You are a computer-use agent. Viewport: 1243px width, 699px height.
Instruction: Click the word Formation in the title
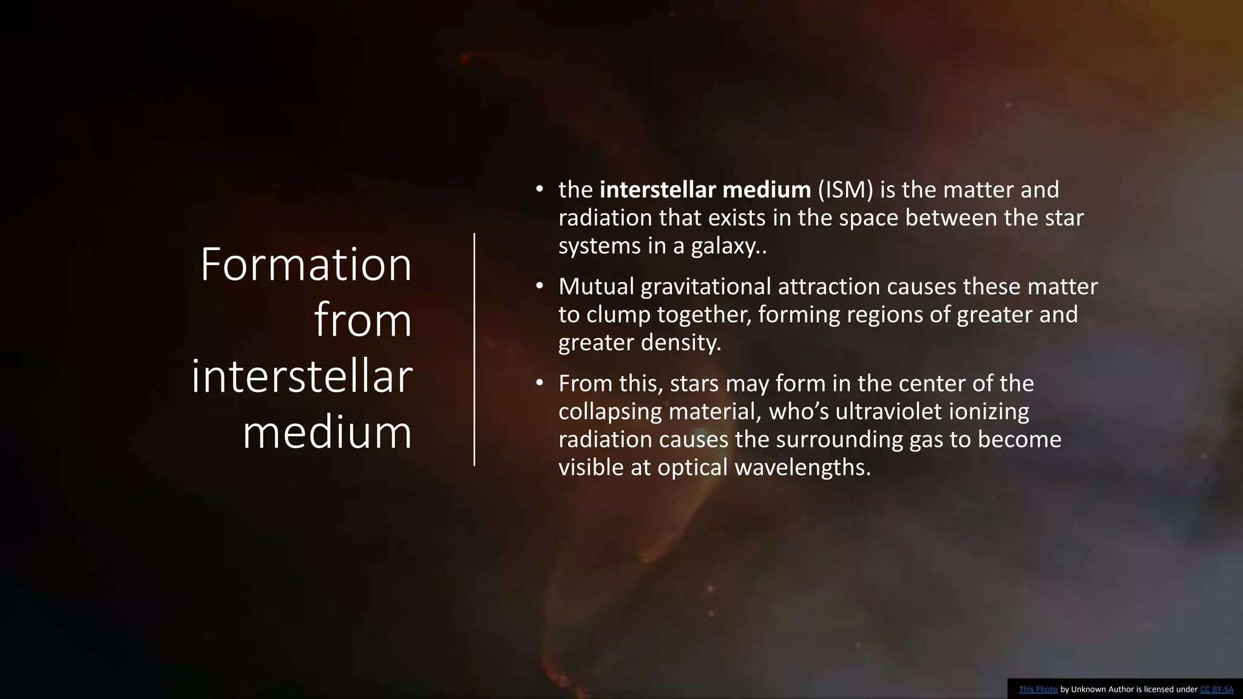click(306, 265)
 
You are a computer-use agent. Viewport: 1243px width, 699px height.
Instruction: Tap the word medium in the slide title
click(327, 433)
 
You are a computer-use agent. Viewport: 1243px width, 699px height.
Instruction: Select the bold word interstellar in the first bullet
click(658, 190)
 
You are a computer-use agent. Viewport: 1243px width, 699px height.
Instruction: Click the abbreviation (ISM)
click(845, 190)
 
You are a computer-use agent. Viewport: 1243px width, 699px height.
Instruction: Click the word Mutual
click(597, 286)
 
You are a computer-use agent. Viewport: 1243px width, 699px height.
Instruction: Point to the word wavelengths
click(802, 467)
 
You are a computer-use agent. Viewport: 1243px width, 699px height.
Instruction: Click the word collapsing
click(610, 411)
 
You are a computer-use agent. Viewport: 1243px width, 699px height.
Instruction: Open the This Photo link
click(1038, 689)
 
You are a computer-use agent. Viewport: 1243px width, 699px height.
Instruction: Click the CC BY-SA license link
click(1216, 689)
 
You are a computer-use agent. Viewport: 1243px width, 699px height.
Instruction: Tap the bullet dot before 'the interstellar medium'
click(540, 189)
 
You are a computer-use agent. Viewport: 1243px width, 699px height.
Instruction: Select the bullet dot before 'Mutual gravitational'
click(540, 286)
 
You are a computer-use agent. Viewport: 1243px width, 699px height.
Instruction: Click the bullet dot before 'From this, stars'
click(540, 383)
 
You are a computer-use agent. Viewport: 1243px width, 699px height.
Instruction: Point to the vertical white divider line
click(474, 349)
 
